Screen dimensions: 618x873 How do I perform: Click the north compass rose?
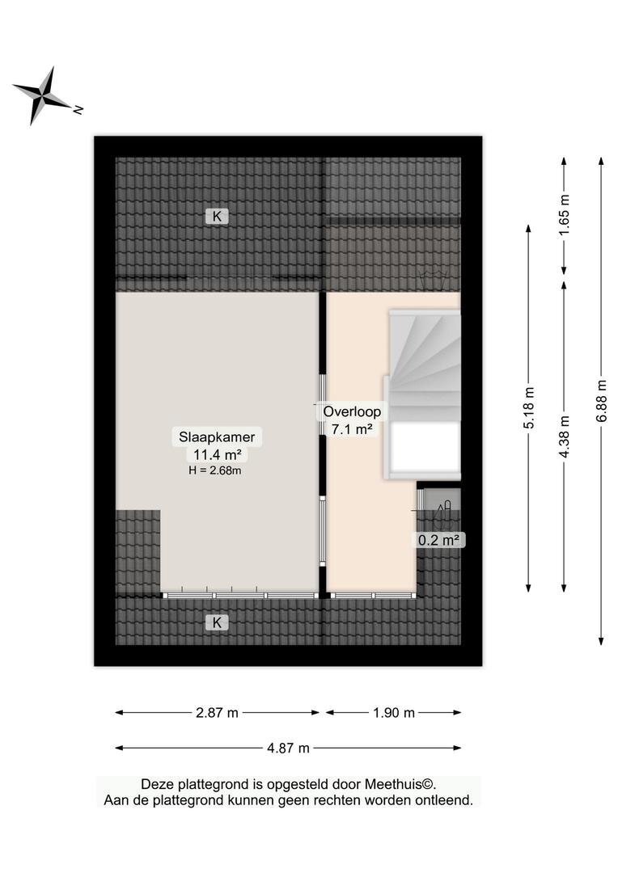[x=44, y=95]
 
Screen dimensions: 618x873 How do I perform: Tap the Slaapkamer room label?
[x=217, y=437]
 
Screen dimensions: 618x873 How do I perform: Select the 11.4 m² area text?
[x=217, y=455]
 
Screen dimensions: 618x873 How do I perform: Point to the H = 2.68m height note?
[x=215, y=470]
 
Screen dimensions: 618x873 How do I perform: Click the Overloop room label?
[x=352, y=412]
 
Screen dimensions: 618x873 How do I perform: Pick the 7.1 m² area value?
[x=352, y=429]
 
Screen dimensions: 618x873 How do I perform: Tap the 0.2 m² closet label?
[x=439, y=539]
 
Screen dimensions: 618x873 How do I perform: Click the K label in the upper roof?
[x=218, y=216]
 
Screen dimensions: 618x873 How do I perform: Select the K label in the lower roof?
[x=218, y=622]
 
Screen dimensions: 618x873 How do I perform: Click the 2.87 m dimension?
[x=217, y=713]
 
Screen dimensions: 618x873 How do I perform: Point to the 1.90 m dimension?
[x=394, y=713]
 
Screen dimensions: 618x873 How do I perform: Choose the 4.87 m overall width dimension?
[x=288, y=748]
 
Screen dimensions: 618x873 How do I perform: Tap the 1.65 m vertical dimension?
[x=565, y=216]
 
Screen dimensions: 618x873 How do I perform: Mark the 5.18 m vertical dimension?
[x=529, y=408]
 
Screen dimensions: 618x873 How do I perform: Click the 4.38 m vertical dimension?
[x=565, y=436]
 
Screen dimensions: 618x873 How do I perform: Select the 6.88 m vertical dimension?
[x=601, y=401]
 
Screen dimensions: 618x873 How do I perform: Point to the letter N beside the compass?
[x=78, y=109]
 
